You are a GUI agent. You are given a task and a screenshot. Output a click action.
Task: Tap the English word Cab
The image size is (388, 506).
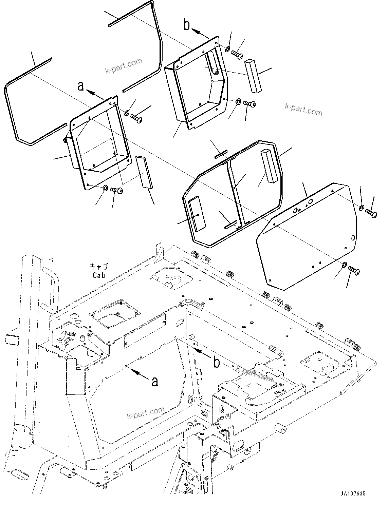pyautogui.click(x=98, y=275)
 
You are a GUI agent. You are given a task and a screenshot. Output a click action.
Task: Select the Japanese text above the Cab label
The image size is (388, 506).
pyautogui.click(x=99, y=267)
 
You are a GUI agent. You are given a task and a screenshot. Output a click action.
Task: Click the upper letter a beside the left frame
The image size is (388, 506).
pyautogui.click(x=81, y=86)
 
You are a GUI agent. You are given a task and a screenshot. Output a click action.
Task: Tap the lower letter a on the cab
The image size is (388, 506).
pyautogui.click(x=155, y=382)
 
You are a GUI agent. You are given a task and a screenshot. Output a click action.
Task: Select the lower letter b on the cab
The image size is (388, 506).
pyautogui.click(x=216, y=363)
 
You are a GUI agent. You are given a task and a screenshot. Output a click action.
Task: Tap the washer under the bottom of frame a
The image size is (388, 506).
pyautogui.click(x=105, y=188)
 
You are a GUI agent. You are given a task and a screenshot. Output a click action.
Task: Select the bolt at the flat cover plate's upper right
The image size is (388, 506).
pyautogui.click(x=371, y=213)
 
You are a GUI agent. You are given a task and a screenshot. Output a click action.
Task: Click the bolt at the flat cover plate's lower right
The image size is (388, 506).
pyautogui.click(x=354, y=270)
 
